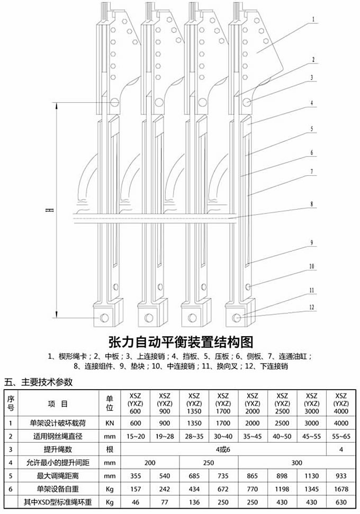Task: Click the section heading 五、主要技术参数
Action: click(x=38, y=382)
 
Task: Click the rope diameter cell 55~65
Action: click(x=341, y=436)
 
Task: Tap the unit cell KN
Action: click(x=110, y=423)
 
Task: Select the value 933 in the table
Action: click(x=341, y=474)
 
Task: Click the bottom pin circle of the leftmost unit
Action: click(x=104, y=318)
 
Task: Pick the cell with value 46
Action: click(x=135, y=501)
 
